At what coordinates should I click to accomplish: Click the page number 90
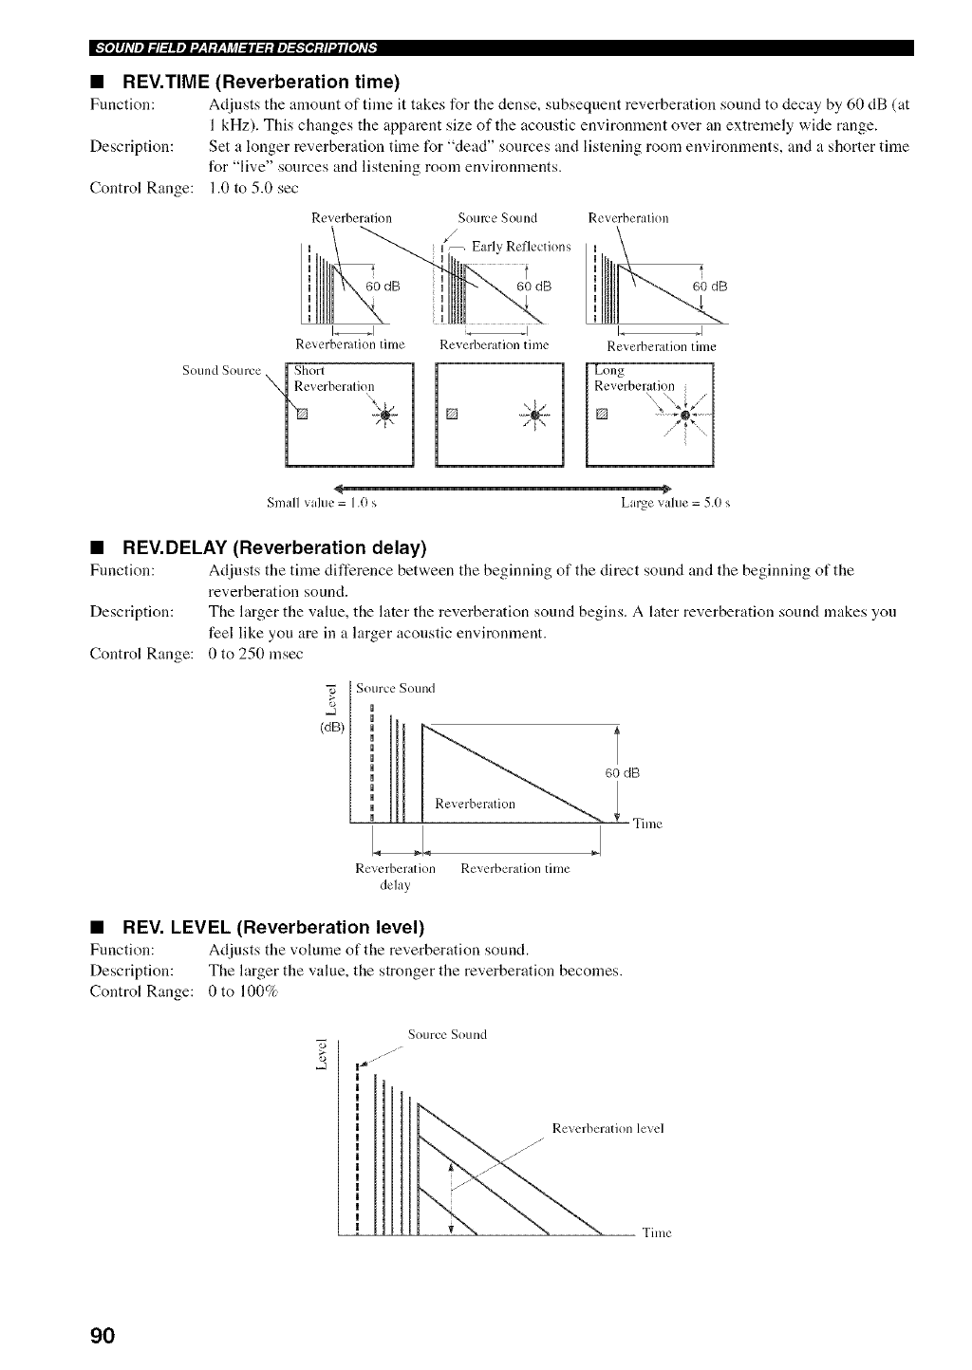(103, 1336)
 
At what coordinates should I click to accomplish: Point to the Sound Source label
(221, 371)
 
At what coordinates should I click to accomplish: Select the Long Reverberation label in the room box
(633, 379)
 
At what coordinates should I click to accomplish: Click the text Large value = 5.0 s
(675, 501)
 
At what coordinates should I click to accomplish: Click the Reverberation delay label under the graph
(395, 877)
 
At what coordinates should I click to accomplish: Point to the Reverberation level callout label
(607, 1128)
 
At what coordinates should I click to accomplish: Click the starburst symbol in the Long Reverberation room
(687, 415)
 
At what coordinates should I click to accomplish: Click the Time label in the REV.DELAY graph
(647, 824)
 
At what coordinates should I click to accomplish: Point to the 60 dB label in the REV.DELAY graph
(623, 773)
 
